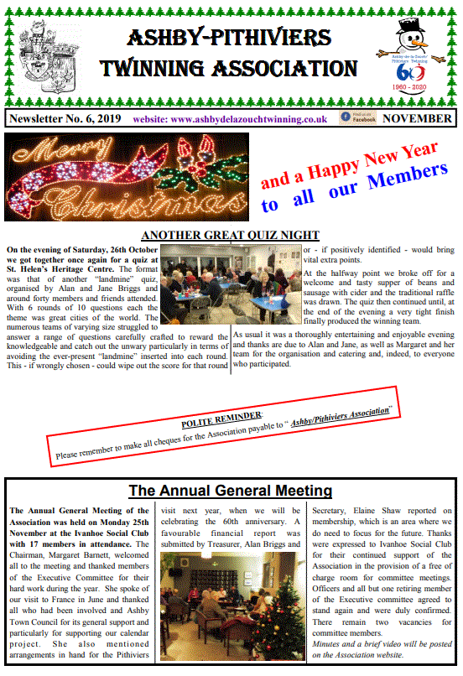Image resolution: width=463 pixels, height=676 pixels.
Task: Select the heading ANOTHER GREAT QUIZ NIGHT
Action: tap(230, 235)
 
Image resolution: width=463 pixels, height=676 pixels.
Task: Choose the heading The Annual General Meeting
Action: tap(230, 491)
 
